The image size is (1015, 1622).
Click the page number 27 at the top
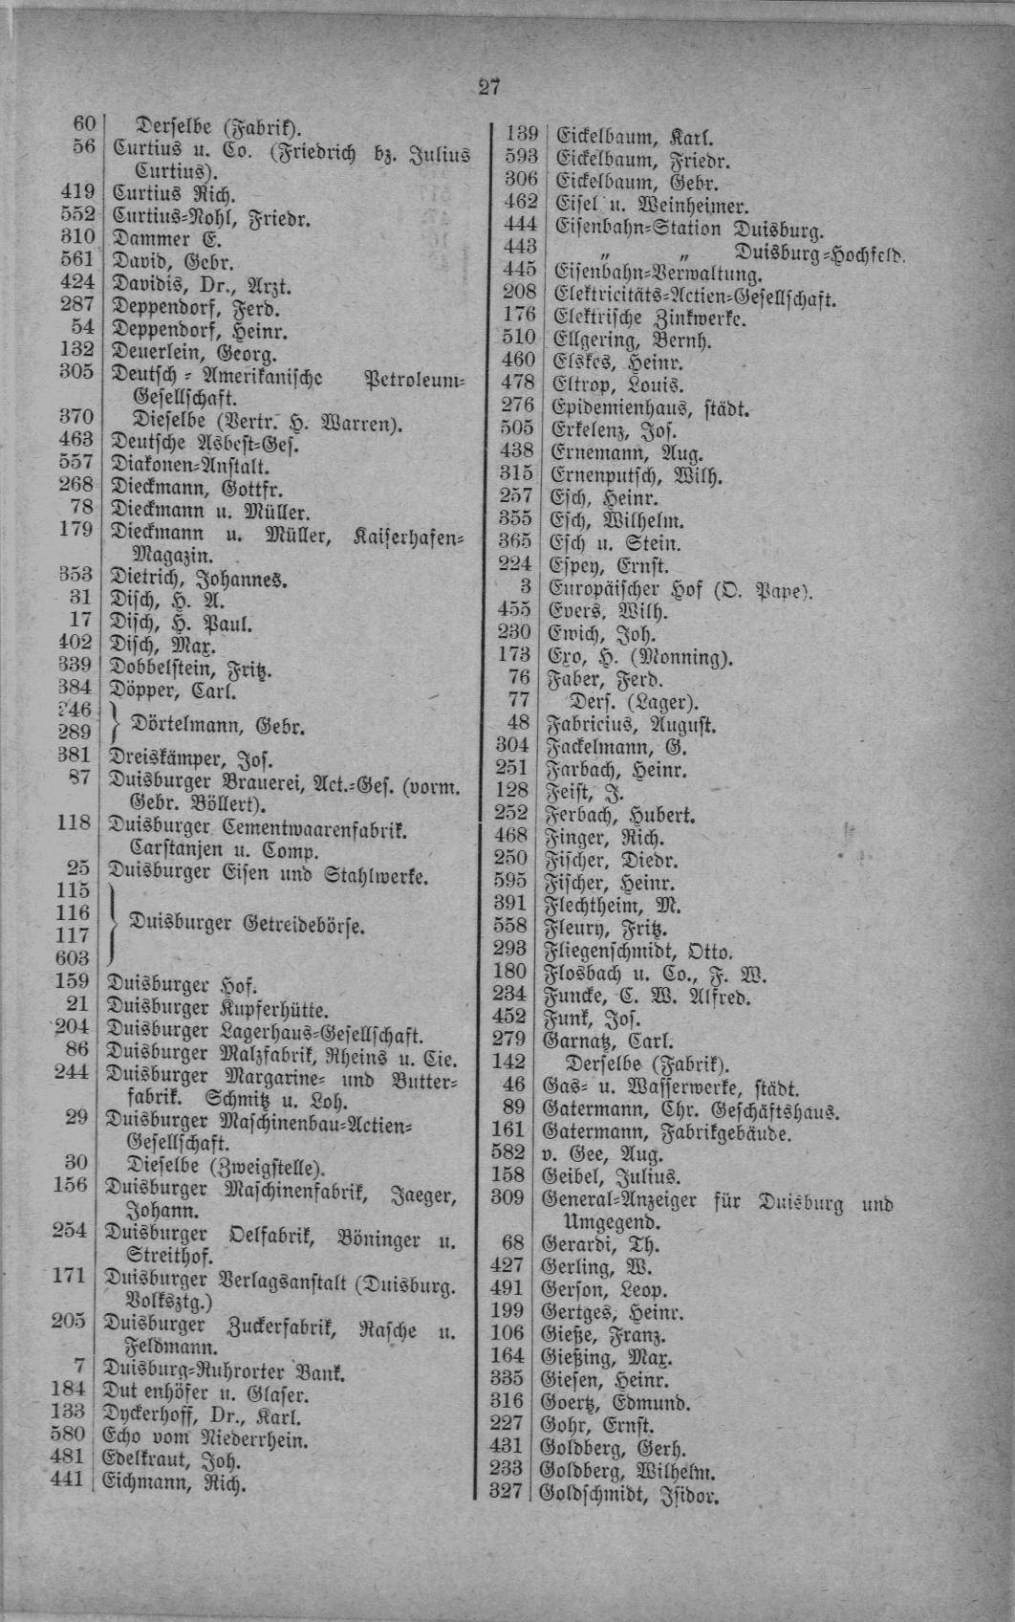pyautogui.click(x=488, y=87)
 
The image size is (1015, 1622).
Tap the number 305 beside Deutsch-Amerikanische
pyautogui.click(x=76, y=372)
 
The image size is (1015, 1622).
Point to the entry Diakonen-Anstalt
pyautogui.click(x=190, y=468)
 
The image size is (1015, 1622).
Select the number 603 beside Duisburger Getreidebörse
pyautogui.click(x=73, y=957)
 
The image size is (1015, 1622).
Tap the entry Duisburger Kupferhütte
pyautogui.click(x=217, y=1008)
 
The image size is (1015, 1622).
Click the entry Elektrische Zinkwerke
pyautogui.click(x=650, y=318)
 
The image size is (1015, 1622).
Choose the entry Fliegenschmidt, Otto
pyautogui.click(x=637, y=952)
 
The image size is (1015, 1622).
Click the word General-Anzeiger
pyautogui.click(x=619, y=1200)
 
